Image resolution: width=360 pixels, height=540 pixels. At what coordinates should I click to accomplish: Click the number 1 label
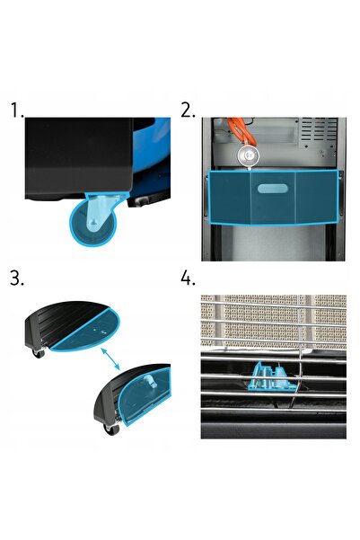16,111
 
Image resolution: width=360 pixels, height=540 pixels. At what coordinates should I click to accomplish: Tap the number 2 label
188,111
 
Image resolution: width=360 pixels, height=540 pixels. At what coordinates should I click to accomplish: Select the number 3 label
16,278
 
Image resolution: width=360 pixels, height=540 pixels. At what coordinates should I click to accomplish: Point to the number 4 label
188,278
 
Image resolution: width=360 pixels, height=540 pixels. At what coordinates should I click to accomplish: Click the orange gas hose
241,130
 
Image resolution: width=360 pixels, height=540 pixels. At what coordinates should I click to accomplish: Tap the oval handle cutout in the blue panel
273,189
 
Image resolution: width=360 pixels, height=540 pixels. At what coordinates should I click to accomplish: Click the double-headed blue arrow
110,359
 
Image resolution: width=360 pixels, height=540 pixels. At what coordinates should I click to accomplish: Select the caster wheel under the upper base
39,353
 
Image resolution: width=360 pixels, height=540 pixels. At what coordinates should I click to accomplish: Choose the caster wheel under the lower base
111,429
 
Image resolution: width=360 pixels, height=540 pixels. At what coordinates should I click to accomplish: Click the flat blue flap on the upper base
85,330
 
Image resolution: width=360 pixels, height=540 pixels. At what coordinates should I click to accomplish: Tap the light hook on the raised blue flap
149,381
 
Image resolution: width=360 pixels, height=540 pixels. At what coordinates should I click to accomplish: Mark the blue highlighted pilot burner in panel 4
271,377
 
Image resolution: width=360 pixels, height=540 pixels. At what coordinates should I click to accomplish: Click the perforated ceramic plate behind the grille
273,320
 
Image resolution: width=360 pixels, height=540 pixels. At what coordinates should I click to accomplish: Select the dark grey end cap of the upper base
34,331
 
